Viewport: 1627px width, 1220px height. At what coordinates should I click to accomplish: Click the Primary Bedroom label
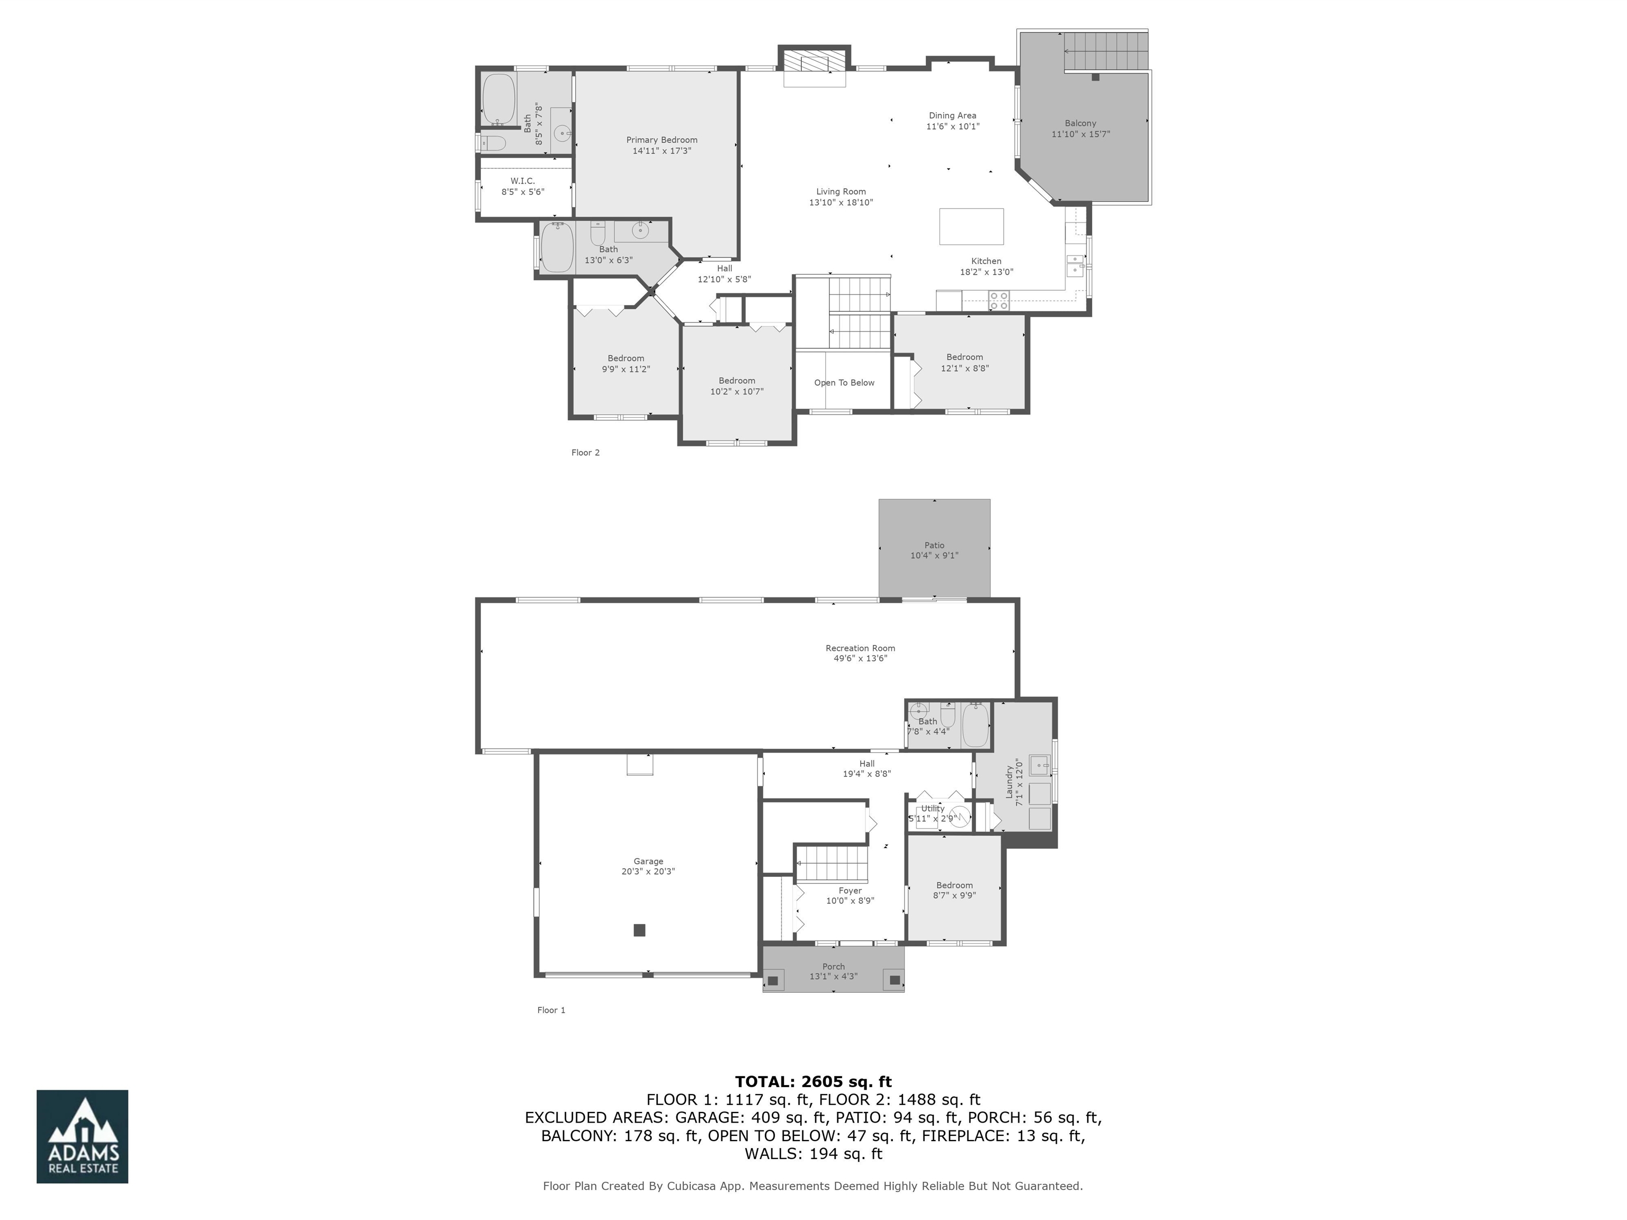pos(661,140)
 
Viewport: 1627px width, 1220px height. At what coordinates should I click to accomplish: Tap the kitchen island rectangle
pos(971,227)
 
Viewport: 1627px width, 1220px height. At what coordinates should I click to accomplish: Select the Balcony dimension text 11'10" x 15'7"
pos(1080,134)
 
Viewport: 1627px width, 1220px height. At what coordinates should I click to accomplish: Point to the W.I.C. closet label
pos(522,181)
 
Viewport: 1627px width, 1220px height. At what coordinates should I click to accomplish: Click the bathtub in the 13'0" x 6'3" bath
pos(557,248)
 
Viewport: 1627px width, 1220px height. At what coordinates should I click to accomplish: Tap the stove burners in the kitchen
pos(998,300)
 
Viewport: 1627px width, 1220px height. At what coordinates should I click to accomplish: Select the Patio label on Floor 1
pos(934,545)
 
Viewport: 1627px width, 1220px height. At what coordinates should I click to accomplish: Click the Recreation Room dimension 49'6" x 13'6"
pos(860,659)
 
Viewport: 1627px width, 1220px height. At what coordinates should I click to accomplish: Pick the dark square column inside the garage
pos(639,930)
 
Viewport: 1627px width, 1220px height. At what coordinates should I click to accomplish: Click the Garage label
pos(648,861)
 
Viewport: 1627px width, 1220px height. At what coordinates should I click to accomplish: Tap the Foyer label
pos(850,891)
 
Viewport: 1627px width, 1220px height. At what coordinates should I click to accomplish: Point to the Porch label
pos(833,967)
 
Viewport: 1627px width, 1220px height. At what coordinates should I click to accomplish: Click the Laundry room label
pos(1009,783)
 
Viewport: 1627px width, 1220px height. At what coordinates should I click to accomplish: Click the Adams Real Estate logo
pos(83,1136)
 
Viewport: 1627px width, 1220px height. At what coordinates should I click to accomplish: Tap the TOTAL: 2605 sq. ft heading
pos(813,1082)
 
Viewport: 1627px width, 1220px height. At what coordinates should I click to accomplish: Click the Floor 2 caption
pos(585,453)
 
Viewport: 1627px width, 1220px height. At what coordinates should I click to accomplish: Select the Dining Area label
pos(952,115)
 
